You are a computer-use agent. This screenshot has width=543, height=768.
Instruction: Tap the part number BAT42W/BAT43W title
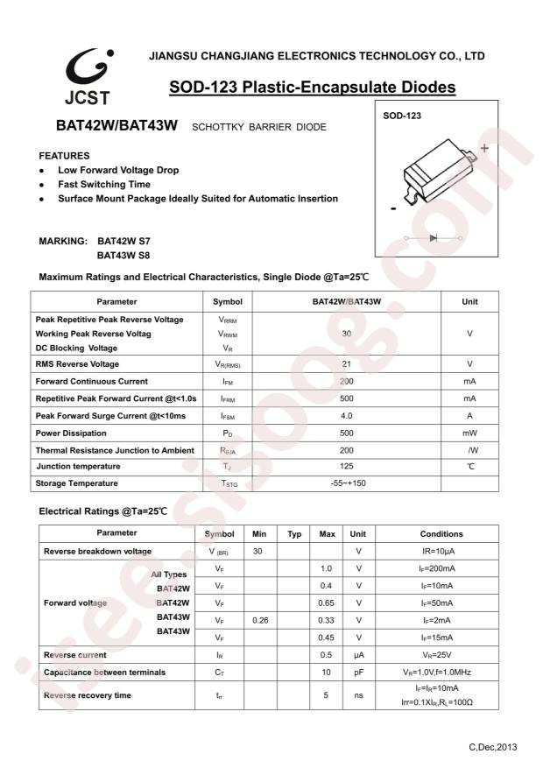tap(112, 126)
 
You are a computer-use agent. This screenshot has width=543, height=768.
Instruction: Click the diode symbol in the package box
tap(434, 237)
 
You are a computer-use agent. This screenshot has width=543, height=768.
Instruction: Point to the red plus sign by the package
tap(483, 148)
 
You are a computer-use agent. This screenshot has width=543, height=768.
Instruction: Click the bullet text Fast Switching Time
tap(103, 185)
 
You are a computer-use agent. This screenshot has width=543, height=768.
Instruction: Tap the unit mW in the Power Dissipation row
tap(469, 433)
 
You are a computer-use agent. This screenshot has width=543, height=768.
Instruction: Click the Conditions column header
tap(441, 533)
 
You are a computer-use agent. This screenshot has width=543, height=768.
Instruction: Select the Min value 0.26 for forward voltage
tap(258, 620)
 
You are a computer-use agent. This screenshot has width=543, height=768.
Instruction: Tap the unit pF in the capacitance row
tap(358, 672)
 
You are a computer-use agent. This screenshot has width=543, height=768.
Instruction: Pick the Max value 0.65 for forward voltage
tap(327, 602)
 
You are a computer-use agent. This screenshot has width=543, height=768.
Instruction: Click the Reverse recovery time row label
tap(88, 695)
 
